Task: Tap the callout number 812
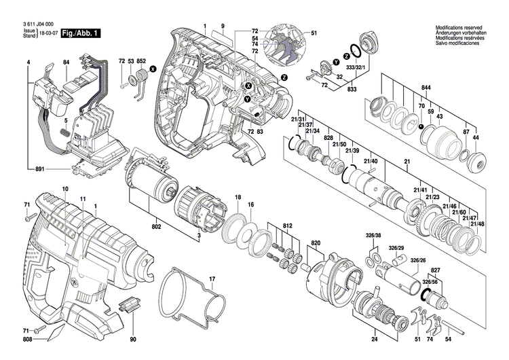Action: [288, 226]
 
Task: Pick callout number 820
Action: [315, 242]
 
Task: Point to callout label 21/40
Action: [371, 161]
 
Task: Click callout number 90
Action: [133, 339]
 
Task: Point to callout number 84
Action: [67, 62]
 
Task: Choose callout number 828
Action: [328, 137]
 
